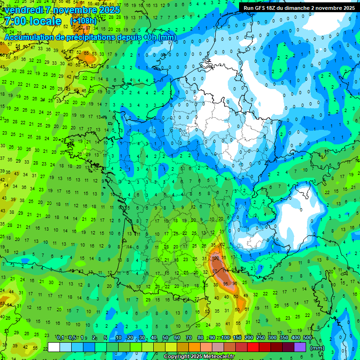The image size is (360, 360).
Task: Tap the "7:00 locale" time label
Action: [32, 22]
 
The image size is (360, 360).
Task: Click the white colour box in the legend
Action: [54, 347]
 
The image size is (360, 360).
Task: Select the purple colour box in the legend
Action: [300, 347]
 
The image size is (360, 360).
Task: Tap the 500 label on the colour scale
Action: [307, 337]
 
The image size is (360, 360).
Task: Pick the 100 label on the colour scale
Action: [226, 337]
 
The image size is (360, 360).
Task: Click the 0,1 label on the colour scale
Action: [60, 337]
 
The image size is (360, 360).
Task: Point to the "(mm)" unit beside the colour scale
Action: [317, 347]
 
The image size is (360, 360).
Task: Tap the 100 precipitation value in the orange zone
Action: [216, 258]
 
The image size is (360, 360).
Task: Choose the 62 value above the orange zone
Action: [222, 245]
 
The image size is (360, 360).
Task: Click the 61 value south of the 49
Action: [247, 309]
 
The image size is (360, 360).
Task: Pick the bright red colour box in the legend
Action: [253, 347]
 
